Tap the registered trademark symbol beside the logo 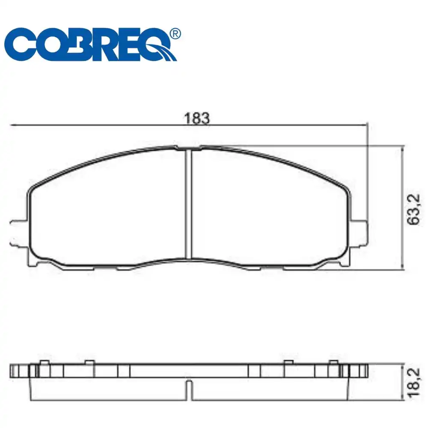pyautogui.click(x=175, y=34)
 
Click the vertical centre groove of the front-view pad pyautogui.click(x=187, y=203)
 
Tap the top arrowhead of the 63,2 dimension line pyautogui.click(x=402, y=148)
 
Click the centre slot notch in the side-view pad pyautogui.click(x=188, y=388)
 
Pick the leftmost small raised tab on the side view pyautogui.click(x=43, y=363)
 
